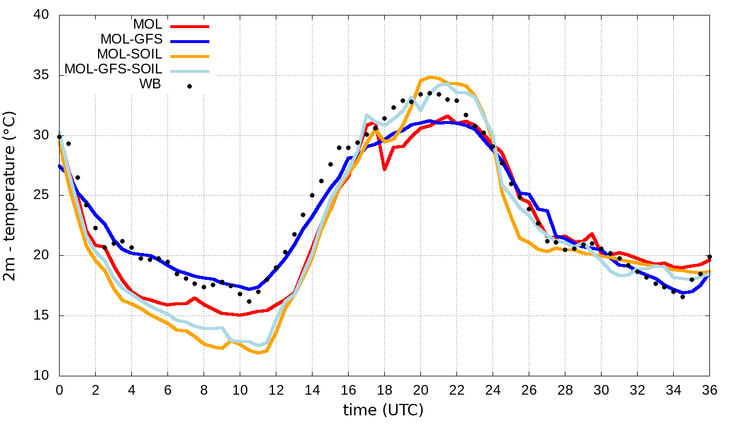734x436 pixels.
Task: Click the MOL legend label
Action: point(147,25)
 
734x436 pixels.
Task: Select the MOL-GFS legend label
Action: point(131,40)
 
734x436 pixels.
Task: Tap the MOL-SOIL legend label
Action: point(130,54)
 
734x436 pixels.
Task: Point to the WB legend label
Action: point(150,84)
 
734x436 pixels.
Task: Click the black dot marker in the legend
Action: point(189,86)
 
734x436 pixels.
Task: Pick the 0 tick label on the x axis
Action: point(59,390)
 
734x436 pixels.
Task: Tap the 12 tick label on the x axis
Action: point(276,390)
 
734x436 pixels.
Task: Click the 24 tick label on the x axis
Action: point(493,390)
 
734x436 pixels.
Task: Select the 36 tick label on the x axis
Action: point(709,390)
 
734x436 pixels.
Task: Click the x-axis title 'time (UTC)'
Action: point(383,411)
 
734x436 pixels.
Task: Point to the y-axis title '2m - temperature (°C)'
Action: point(10,195)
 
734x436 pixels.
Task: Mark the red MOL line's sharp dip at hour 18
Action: point(384,170)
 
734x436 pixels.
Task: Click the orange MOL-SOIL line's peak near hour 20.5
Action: point(430,77)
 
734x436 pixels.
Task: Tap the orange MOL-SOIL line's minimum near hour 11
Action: point(258,353)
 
